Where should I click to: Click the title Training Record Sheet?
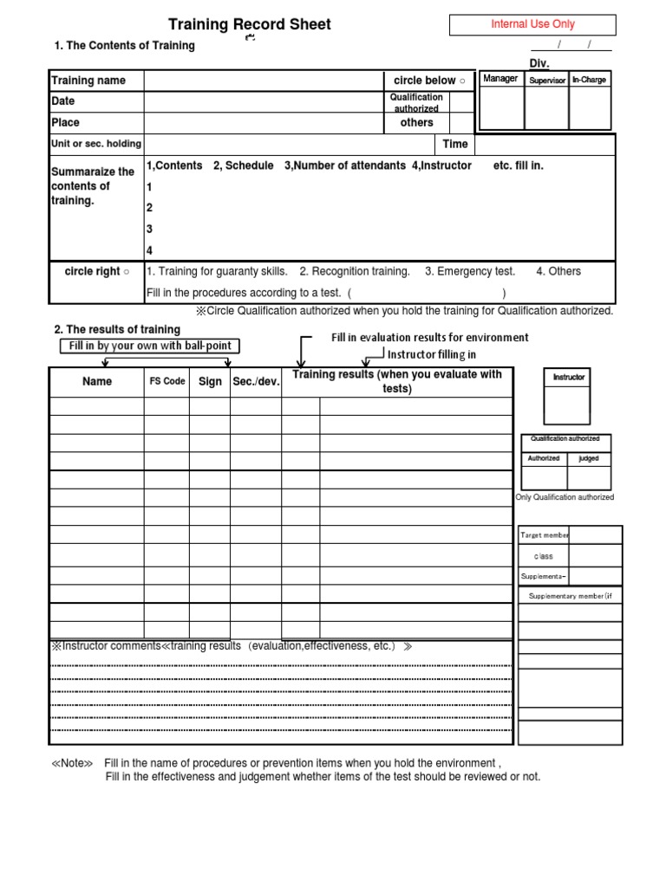(249, 24)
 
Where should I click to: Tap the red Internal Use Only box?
(532, 24)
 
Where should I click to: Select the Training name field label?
(88, 81)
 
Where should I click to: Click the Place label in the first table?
(66, 123)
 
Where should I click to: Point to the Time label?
(455, 145)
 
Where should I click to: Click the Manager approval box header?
(500, 79)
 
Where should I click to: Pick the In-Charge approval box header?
(590, 80)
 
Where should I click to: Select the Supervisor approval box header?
(546, 80)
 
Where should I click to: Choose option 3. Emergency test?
(469, 271)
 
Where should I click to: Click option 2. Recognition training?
(354, 271)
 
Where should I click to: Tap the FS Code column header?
(167, 381)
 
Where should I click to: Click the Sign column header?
(210, 381)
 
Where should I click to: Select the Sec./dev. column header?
(256, 381)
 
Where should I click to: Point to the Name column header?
(97, 381)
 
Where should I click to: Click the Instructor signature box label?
(569, 378)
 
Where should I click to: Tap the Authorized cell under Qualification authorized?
(544, 458)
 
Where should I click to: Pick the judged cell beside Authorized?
(589, 458)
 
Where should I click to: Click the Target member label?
(544, 536)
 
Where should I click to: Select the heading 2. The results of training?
(117, 329)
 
